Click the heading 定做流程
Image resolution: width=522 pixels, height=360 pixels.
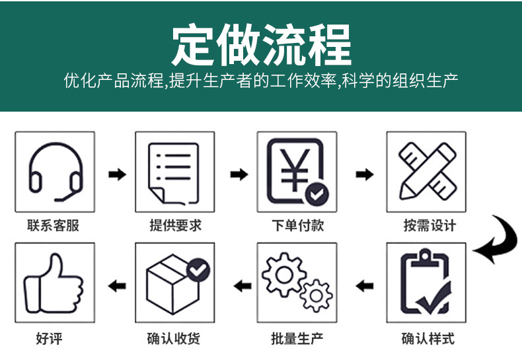point(261,44)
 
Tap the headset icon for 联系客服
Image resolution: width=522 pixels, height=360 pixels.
point(55,171)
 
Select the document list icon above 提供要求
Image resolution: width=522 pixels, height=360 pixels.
point(175,171)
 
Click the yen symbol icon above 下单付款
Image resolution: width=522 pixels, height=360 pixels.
point(297,171)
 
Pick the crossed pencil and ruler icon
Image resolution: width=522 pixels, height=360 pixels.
point(426,171)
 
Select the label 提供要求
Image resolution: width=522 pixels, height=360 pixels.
point(175,225)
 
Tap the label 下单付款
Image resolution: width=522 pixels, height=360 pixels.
point(297,225)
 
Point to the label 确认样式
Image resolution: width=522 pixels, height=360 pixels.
point(428,340)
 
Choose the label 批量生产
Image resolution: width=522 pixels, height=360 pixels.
point(297,340)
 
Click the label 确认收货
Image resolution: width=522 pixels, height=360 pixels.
point(173,340)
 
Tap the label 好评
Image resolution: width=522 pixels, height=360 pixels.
point(50,340)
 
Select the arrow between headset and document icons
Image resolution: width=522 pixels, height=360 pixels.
point(116,174)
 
